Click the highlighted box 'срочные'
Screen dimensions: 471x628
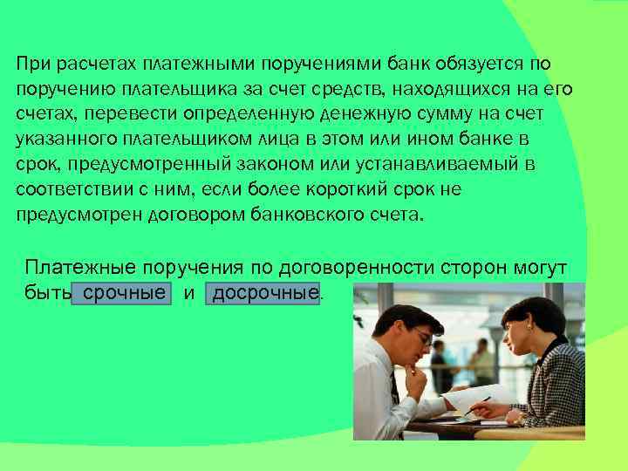pos(121,293)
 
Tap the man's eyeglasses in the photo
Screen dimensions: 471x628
pos(420,336)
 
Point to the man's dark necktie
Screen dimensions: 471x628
pos(395,392)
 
